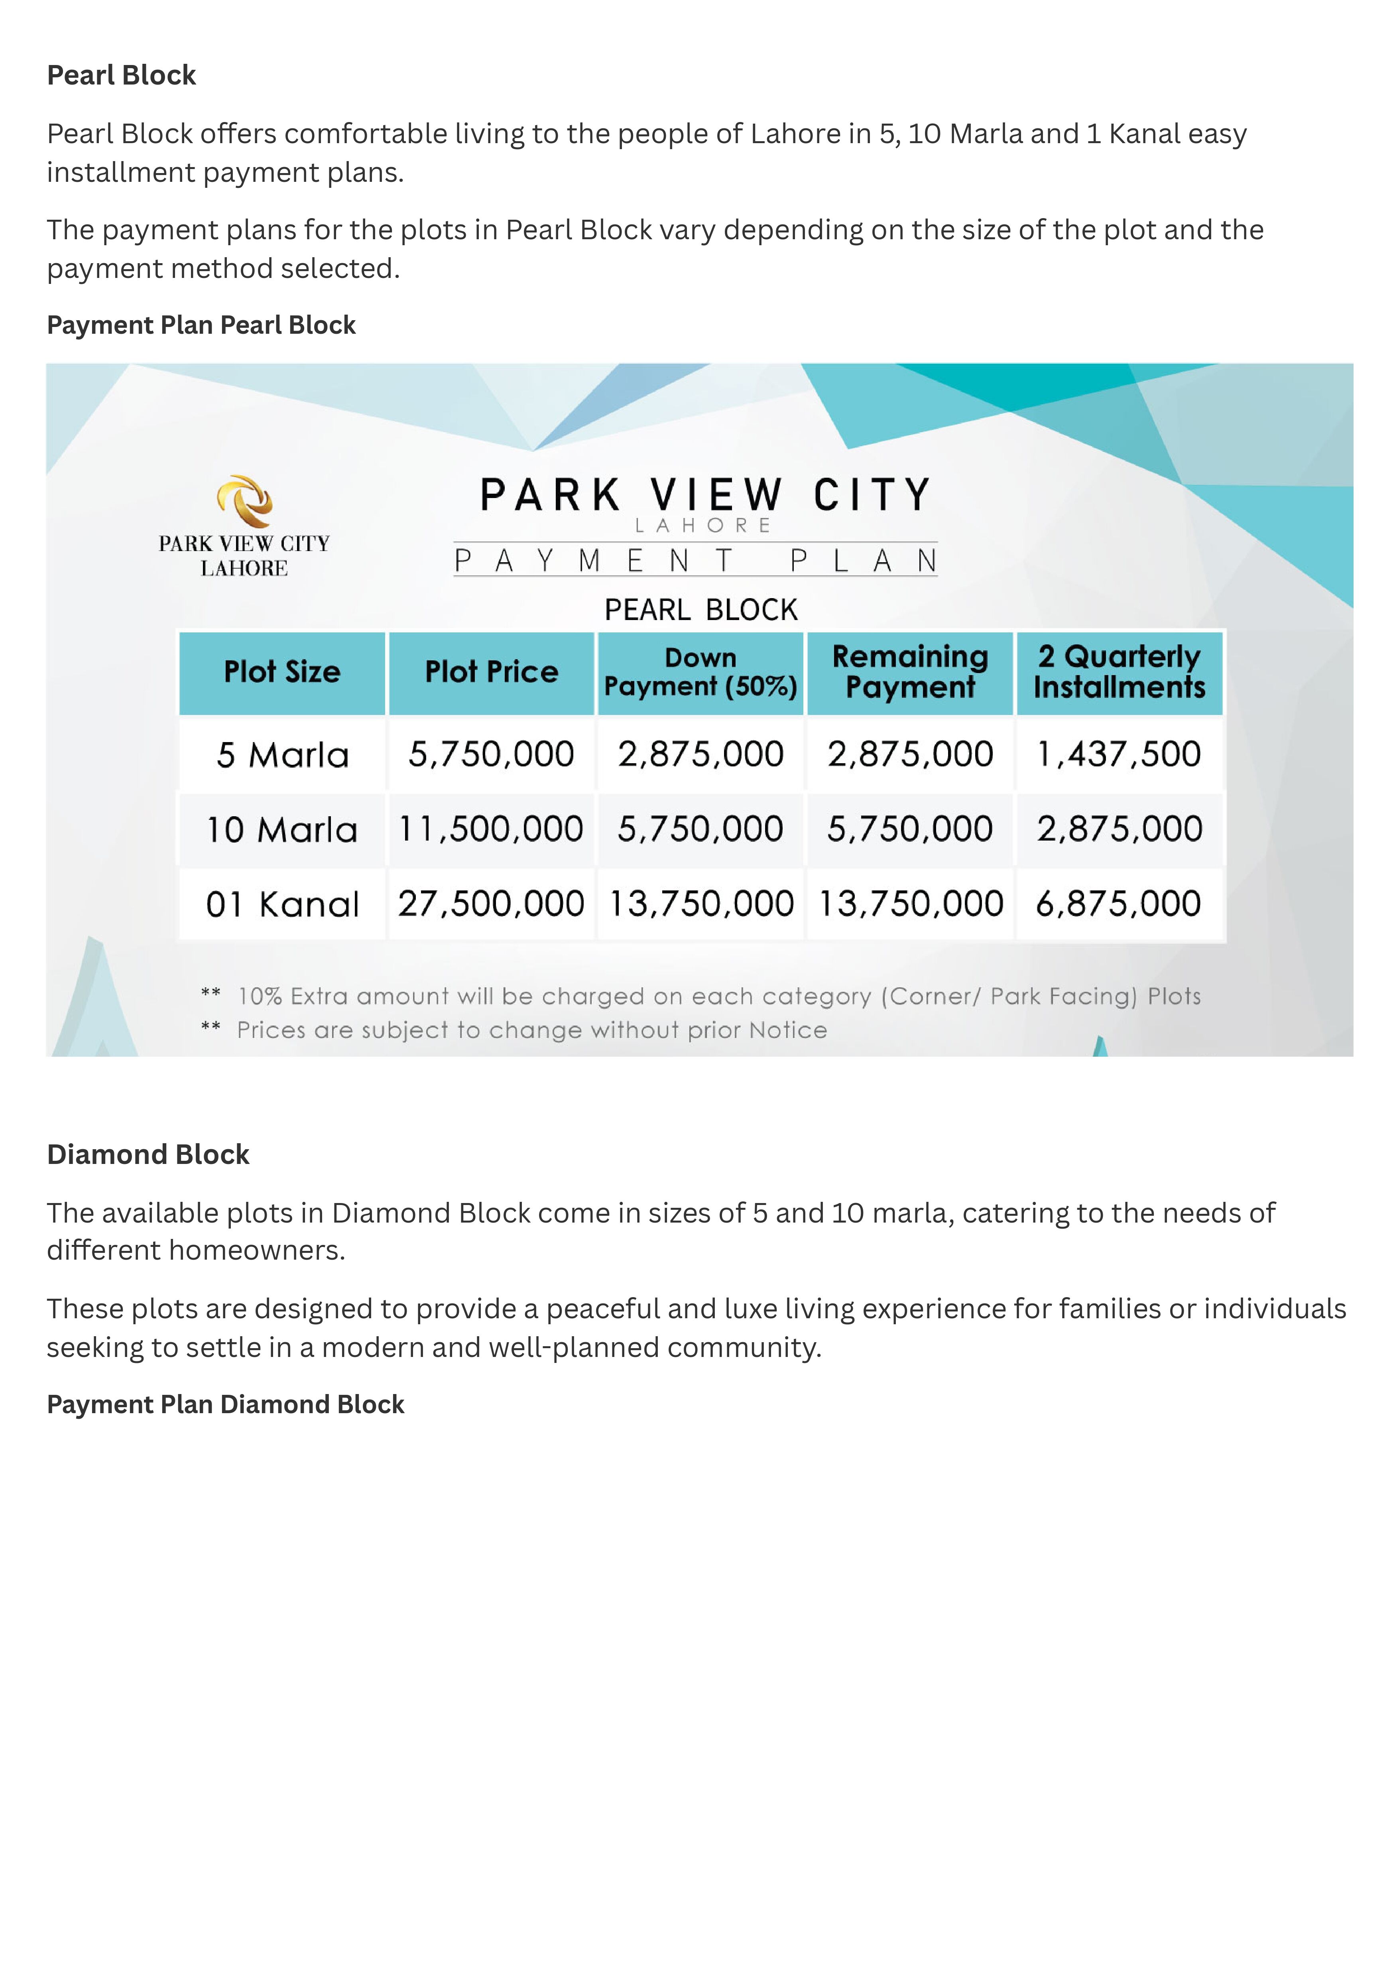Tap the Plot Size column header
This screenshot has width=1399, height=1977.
(x=282, y=672)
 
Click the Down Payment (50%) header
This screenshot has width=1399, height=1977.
(x=700, y=672)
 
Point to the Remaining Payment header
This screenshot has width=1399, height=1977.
(x=910, y=672)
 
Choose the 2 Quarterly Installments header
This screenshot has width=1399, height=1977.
(x=1119, y=672)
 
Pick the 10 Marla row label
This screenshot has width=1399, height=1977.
(x=282, y=829)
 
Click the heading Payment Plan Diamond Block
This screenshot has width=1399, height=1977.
(x=225, y=1404)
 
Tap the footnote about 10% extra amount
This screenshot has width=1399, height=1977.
(x=718, y=997)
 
